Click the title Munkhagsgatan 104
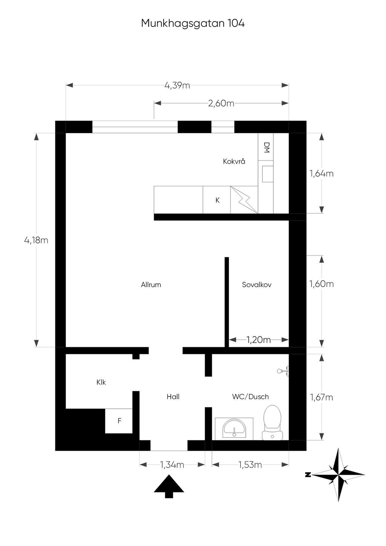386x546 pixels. [193, 24]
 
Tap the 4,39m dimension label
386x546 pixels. [177, 86]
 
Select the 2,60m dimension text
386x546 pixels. [221, 103]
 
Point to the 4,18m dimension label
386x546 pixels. [36, 240]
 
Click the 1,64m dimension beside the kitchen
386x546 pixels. [322, 174]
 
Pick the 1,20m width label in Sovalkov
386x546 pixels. [259, 340]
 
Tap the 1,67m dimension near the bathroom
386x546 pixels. [322, 397]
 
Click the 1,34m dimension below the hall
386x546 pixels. [172, 465]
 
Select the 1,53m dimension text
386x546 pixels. [250, 465]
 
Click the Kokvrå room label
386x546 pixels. [234, 161]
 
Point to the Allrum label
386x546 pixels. [151, 284]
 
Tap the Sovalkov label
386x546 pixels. [257, 284]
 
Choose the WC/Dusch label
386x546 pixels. [250, 396]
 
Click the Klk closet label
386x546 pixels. [101, 382]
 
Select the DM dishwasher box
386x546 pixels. [266, 147]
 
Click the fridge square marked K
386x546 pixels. [217, 200]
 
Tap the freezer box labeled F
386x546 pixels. [119, 421]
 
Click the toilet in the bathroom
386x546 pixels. [273, 422]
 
